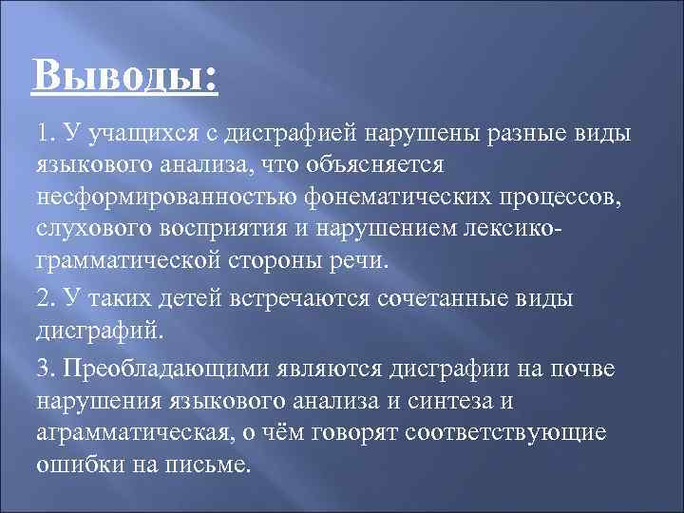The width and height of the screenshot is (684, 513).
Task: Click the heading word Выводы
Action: pyautogui.click(x=123, y=74)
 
